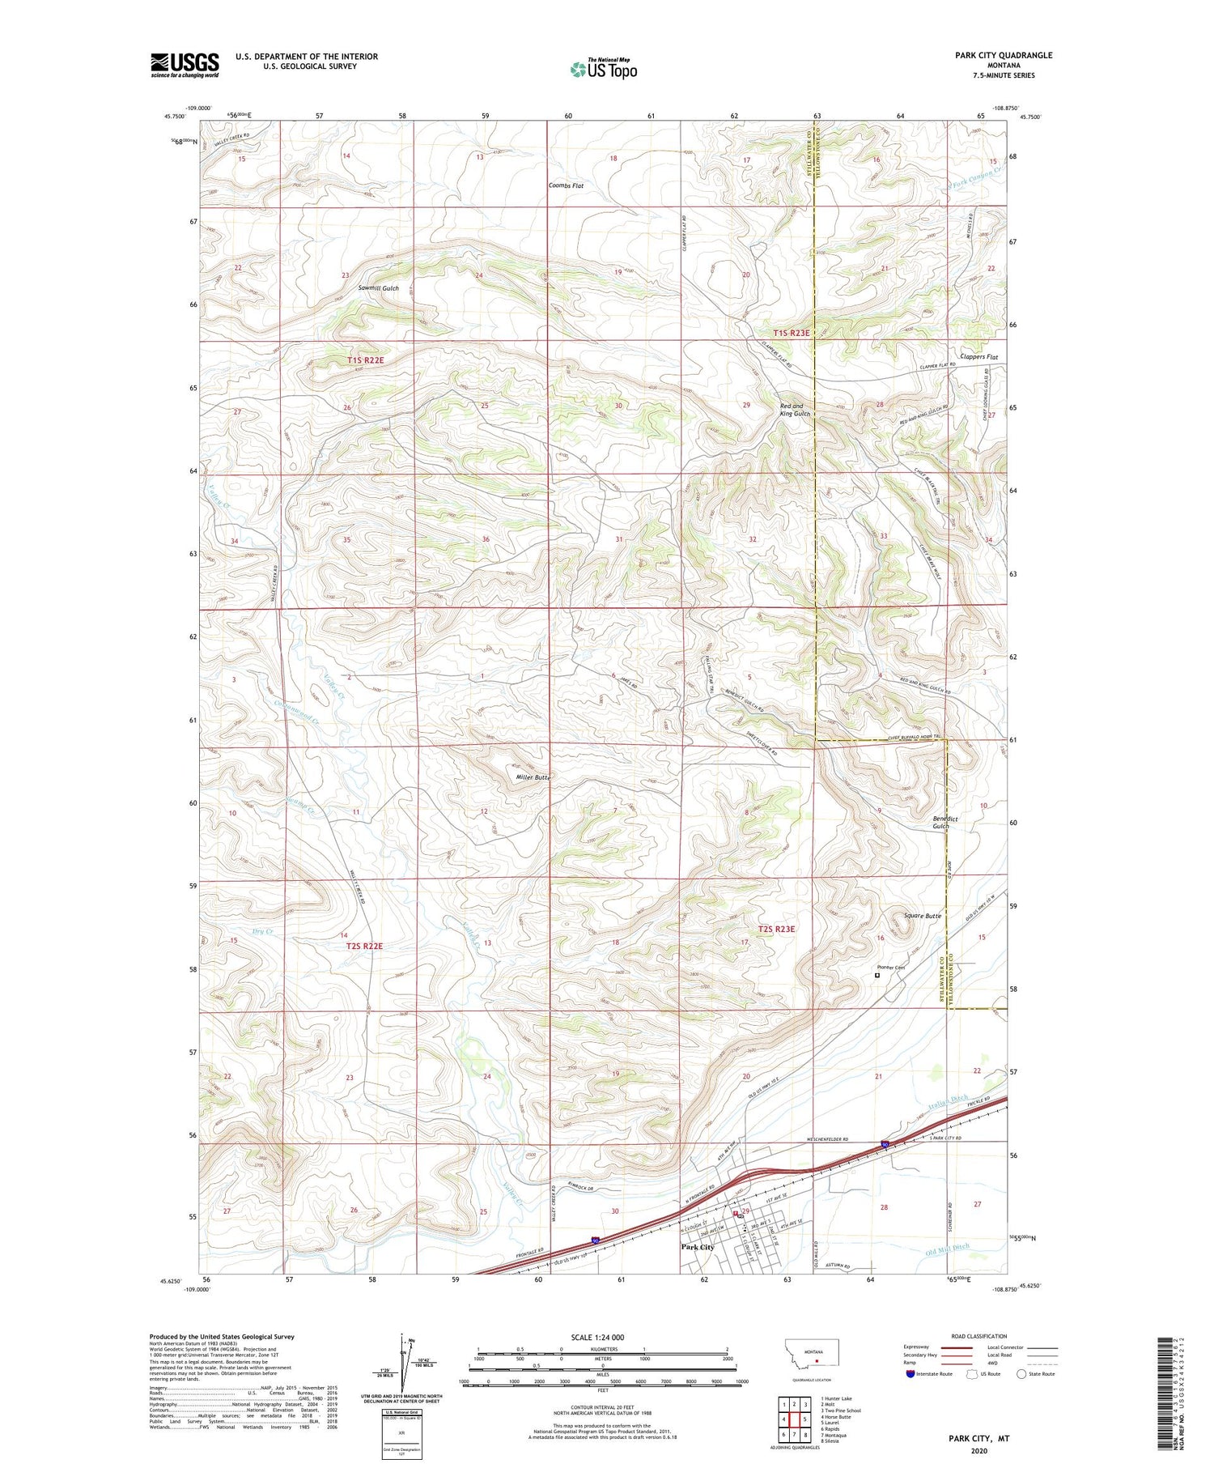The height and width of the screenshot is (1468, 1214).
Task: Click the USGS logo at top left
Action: pos(185,64)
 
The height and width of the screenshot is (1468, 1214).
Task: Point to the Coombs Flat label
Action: pos(566,185)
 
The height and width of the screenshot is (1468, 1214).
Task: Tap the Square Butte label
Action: pos(923,916)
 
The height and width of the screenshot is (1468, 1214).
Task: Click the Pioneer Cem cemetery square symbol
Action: pos(877,976)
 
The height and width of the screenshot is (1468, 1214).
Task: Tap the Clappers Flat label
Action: pos(978,356)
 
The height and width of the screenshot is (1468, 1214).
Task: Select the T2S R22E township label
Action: pos(364,945)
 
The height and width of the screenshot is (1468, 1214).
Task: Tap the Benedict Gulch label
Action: pos(945,822)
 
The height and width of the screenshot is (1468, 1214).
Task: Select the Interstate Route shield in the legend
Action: pos(911,1374)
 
